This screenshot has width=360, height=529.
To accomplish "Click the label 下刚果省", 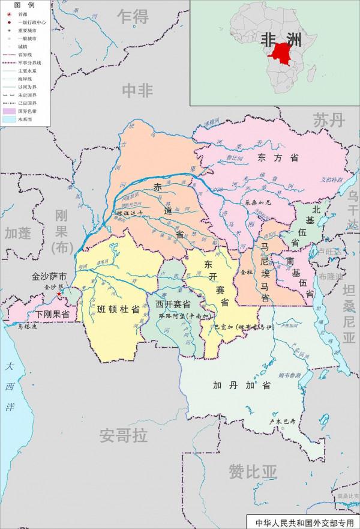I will [x=52, y=314].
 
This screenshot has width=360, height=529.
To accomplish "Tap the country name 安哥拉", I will [x=124, y=435].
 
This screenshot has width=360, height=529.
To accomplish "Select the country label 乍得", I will [x=133, y=17].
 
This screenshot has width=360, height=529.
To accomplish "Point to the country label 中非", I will [x=137, y=90].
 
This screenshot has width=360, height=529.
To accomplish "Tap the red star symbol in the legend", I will [x=8, y=14].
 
